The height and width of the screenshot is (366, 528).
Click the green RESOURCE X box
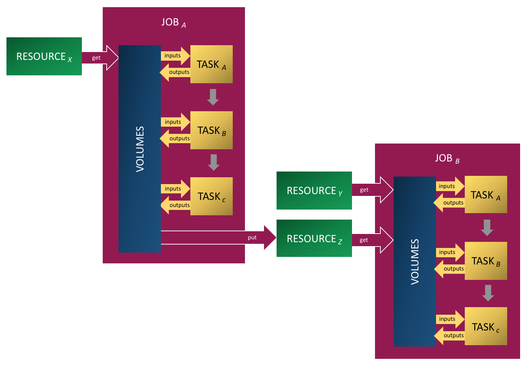click(44, 56)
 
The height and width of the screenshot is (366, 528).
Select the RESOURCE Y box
click(314, 191)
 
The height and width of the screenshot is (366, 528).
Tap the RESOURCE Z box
click(314, 239)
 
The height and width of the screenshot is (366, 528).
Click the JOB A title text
click(173, 23)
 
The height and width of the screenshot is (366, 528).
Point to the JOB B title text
click(447, 159)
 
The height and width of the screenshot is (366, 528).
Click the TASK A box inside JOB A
click(211, 65)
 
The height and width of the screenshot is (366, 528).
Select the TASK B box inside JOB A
click(211, 130)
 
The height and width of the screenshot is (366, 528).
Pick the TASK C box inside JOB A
click(211, 196)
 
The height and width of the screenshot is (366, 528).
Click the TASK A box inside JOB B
click(486, 195)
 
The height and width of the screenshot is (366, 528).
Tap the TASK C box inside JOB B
click(486, 327)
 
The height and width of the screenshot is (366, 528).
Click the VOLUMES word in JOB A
click(140, 149)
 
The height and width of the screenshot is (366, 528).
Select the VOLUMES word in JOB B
click(415, 262)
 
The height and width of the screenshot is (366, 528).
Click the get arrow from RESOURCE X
click(100, 58)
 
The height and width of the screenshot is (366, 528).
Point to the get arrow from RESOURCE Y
click(372, 190)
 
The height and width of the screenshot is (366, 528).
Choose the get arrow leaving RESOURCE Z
click(372, 240)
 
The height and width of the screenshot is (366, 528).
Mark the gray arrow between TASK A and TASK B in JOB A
click(213, 97)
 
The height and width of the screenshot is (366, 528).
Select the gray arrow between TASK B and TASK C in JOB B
click(488, 293)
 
